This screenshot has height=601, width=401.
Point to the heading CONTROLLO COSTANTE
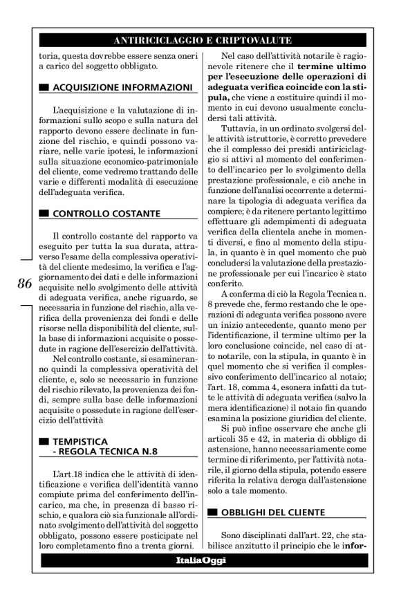pyautogui.click(x=106, y=212)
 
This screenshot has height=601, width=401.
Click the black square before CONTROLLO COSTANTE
pyautogui.click(x=44, y=213)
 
